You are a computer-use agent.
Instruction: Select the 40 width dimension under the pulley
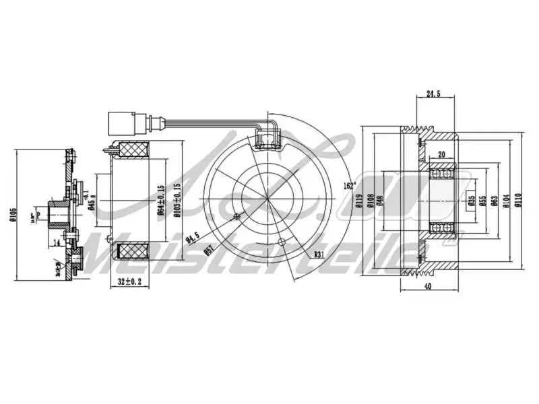pyautogui.click(x=428, y=285)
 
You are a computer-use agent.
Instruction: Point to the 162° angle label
pyautogui.click(x=349, y=185)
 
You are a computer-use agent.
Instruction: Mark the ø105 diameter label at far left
pyautogui.click(x=13, y=215)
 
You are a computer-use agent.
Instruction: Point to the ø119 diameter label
pyautogui.click(x=360, y=201)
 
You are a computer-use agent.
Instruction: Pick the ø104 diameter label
pyautogui.click(x=506, y=201)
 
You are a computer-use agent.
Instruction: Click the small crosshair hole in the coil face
pyautogui.click(x=236, y=217)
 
